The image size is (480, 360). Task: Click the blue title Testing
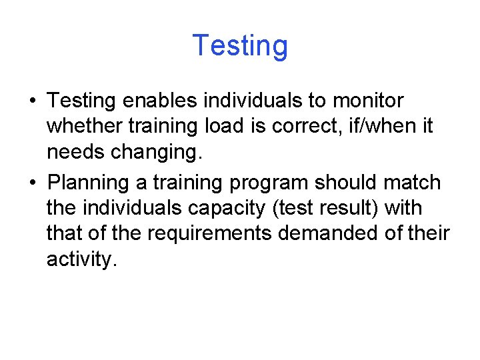tap(240, 46)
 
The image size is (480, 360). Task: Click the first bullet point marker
tap(33, 102)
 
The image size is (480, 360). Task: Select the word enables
tap(161, 101)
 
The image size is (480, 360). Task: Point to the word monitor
tap(368, 101)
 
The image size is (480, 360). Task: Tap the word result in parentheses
tap(344, 208)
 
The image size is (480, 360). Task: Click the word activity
tap(82, 259)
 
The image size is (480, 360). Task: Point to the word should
tap(351, 181)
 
